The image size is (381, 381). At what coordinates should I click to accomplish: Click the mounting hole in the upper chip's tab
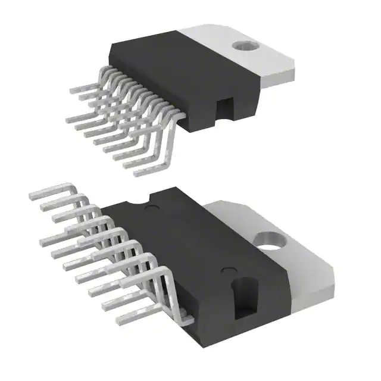242,45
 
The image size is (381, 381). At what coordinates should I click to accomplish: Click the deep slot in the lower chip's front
244,298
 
